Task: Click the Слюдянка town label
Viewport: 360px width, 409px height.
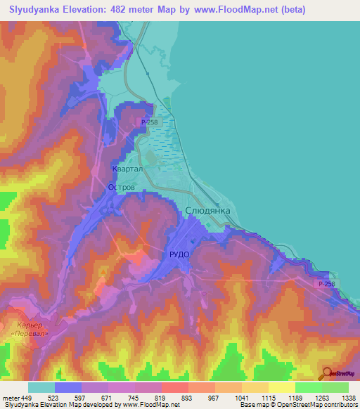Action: (x=207, y=210)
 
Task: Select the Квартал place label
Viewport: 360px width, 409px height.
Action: (x=127, y=169)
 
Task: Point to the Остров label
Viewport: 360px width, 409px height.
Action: (x=121, y=187)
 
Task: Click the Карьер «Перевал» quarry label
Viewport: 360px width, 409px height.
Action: (x=30, y=330)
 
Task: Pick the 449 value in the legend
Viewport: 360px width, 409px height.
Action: (x=27, y=397)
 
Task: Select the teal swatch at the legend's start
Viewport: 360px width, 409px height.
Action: (x=41, y=387)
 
